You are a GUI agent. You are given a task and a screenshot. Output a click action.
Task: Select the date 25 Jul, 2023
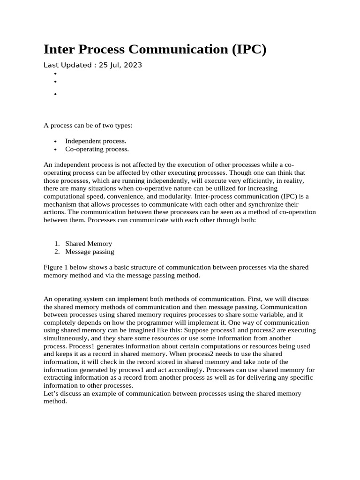(x=120, y=65)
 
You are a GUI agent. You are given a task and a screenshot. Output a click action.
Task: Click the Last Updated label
(x=67, y=65)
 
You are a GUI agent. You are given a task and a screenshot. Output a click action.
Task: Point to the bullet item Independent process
(x=96, y=141)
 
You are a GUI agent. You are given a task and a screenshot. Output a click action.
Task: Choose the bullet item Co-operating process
(x=97, y=149)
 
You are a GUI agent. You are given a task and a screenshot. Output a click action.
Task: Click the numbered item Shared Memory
(x=89, y=243)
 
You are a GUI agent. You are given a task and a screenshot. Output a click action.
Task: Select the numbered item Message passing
(x=90, y=252)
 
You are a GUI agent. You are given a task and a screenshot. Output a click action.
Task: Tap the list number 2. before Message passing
(x=57, y=252)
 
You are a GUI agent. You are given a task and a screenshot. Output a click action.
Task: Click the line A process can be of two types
(x=88, y=126)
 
